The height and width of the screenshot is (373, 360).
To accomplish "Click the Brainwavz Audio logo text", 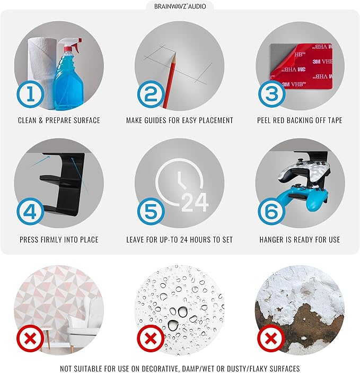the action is [180, 6].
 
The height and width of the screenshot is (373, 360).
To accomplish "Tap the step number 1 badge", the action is [30, 94].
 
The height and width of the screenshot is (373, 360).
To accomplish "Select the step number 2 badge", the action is [151, 94].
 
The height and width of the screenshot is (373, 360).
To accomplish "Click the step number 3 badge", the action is [272, 94].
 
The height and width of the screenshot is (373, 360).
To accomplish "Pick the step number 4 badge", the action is [30, 212].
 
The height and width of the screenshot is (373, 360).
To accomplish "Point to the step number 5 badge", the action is [151, 212].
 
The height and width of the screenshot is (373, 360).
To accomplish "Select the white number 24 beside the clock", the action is [195, 203].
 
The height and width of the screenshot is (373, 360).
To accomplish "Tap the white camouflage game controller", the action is [303, 172].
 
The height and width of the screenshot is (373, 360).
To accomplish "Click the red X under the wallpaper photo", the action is [30, 339].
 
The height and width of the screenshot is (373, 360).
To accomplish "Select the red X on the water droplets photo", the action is [151, 339].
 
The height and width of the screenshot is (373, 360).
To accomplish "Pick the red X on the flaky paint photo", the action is [271, 339].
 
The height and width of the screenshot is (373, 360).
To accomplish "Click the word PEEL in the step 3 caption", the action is [264, 120].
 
